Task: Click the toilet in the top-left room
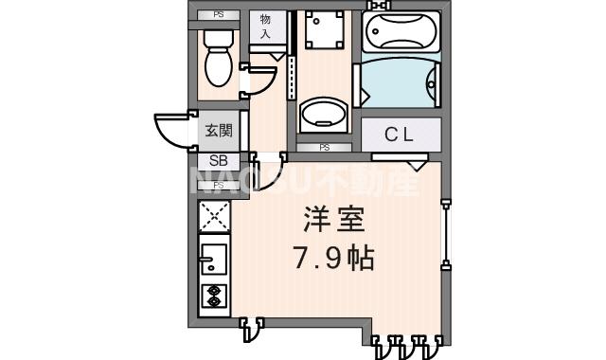[x=219, y=57]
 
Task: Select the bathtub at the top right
[x=401, y=35]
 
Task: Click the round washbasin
[x=321, y=117]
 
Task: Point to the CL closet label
[x=399, y=135]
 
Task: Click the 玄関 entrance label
[x=219, y=131]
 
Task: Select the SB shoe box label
[x=218, y=160]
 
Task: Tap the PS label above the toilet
[x=219, y=15]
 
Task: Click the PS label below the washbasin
[x=324, y=147]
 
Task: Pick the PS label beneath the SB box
[x=218, y=185]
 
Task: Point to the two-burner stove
[x=214, y=296]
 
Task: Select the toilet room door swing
[x=254, y=83]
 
